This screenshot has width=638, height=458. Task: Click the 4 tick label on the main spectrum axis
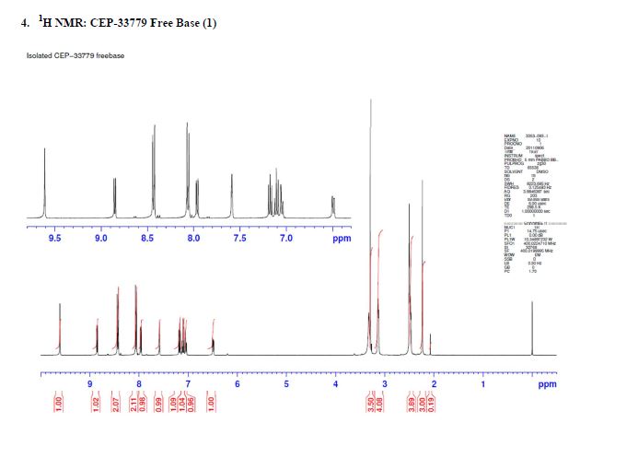coord(335,383)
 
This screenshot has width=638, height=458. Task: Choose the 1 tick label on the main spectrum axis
coord(482,383)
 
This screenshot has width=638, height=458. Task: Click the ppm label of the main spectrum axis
coord(547,383)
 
